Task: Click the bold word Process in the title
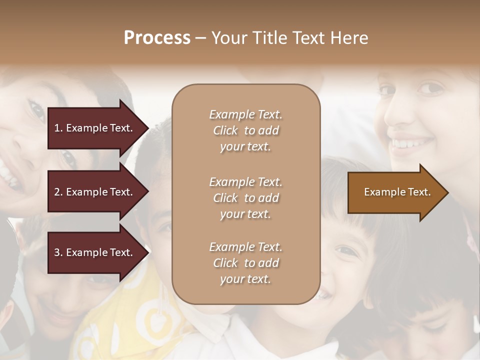point(157,38)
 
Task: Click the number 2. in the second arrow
point(58,192)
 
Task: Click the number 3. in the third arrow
point(58,252)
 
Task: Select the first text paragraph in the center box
point(245,130)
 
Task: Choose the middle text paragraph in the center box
point(245,198)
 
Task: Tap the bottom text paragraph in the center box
point(245,263)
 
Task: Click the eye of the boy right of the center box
point(344,250)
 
